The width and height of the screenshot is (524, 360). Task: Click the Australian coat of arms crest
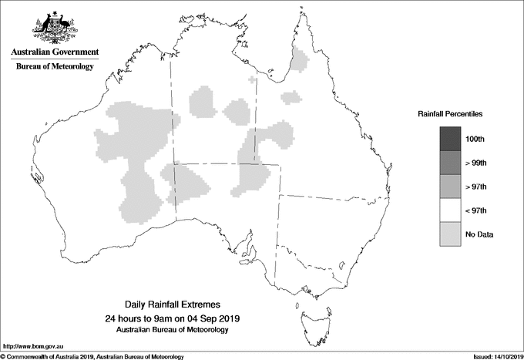(54, 28)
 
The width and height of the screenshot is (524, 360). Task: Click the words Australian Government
(54, 52)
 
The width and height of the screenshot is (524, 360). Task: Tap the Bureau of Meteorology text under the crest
(54, 67)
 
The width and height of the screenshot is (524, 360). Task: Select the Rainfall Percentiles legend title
(450, 113)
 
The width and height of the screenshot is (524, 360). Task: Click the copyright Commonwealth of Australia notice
(92, 356)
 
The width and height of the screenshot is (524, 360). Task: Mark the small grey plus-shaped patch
(252, 79)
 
